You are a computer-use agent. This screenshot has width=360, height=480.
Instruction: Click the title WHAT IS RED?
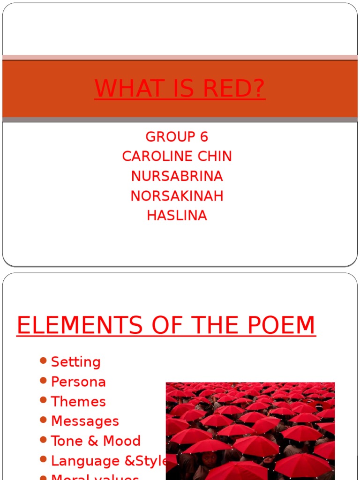(180, 89)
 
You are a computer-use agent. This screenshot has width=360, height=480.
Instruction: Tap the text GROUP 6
(177, 137)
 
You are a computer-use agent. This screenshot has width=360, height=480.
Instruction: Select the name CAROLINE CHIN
(177, 157)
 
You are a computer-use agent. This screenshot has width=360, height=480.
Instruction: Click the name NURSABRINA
(177, 176)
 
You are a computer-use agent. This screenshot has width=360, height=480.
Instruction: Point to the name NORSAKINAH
(177, 196)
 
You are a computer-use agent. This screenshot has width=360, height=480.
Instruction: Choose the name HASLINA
(177, 216)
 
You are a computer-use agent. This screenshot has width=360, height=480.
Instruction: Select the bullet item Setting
(75, 362)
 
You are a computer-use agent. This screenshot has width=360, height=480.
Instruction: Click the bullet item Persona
(78, 382)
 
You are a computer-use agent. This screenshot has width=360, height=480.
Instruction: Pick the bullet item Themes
(78, 402)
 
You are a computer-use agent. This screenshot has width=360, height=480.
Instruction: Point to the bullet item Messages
(85, 421)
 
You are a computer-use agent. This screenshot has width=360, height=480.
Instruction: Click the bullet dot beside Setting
(44, 360)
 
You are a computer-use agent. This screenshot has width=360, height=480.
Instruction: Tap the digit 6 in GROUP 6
(203, 137)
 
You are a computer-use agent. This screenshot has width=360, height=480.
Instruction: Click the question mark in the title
(258, 89)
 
